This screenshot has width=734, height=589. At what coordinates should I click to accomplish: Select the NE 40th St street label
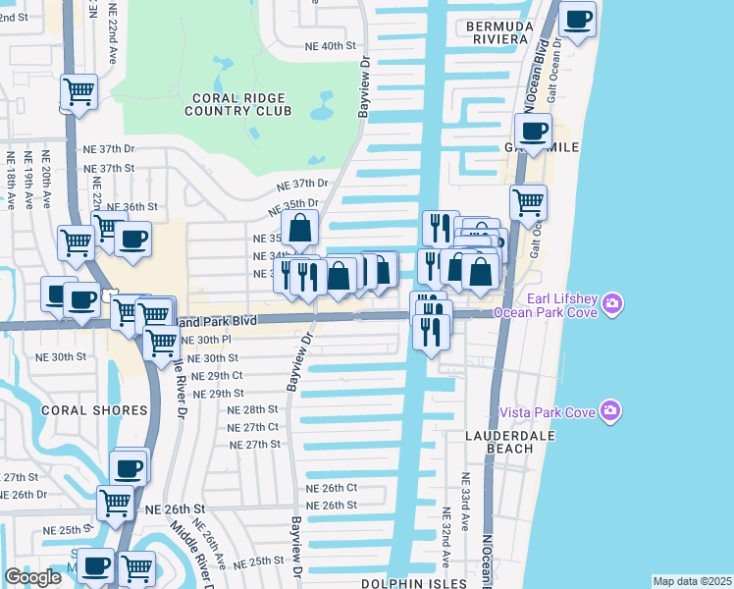[330, 46]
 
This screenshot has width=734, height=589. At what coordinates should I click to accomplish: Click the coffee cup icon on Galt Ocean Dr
[578, 19]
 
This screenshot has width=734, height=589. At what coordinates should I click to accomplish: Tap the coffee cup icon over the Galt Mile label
[533, 131]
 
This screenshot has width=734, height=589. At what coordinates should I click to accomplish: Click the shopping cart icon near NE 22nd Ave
[79, 93]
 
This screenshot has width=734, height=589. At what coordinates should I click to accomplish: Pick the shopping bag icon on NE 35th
[301, 229]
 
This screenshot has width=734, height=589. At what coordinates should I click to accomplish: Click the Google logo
[32, 577]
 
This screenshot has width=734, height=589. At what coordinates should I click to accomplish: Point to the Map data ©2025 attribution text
[693, 581]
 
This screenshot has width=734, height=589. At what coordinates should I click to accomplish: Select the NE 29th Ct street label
[217, 376]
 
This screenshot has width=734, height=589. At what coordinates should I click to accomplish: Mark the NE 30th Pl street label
[205, 339]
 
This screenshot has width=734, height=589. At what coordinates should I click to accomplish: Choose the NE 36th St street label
[131, 207]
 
